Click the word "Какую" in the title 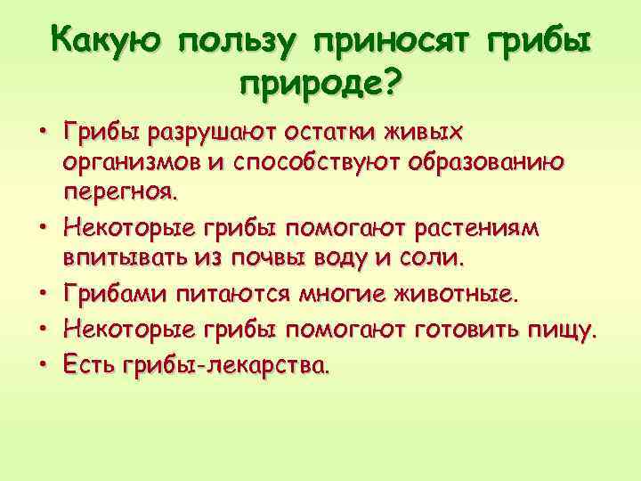(106, 41)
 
